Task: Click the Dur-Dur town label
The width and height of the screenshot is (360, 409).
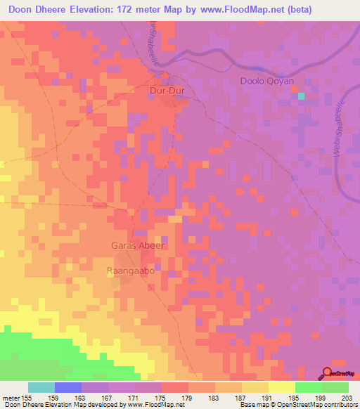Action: click(x=167, y=91)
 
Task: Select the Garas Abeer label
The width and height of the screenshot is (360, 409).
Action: click(x=138, y=246)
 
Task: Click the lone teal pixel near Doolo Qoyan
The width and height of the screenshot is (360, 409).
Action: click(x=302, y=96)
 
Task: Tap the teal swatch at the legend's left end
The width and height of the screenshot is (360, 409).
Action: click(x=41, y=387)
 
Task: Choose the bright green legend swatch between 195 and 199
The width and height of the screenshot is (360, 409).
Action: click(x=308, y=387)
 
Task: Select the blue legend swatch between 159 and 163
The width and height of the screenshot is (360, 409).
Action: click(x=68, y=387)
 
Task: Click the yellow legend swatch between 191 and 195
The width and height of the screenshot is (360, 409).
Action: click(x=281, y=387)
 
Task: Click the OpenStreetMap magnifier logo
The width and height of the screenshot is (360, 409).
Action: click(x=328, y=372)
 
